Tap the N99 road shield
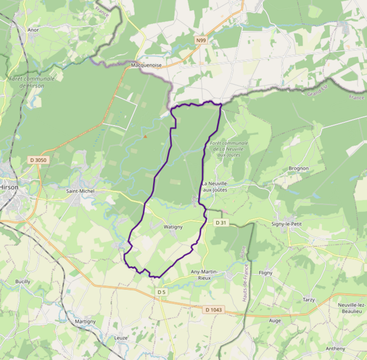(x=201, y=40)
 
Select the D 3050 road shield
(x=38, y=160)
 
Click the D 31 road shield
(x=221, y=223)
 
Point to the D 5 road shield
(x=161, y=292)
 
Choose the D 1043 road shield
(x=213, y=310)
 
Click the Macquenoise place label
(x=146, y=65)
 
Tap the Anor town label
(x=33, y=29)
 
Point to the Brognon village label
(x=299, y=169)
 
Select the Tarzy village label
(x=309, y=299)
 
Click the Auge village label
(x=275, y=320)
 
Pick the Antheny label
(x=335, y=349)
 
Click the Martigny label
(x=85, y=322)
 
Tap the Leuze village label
(x=121, y=338)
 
